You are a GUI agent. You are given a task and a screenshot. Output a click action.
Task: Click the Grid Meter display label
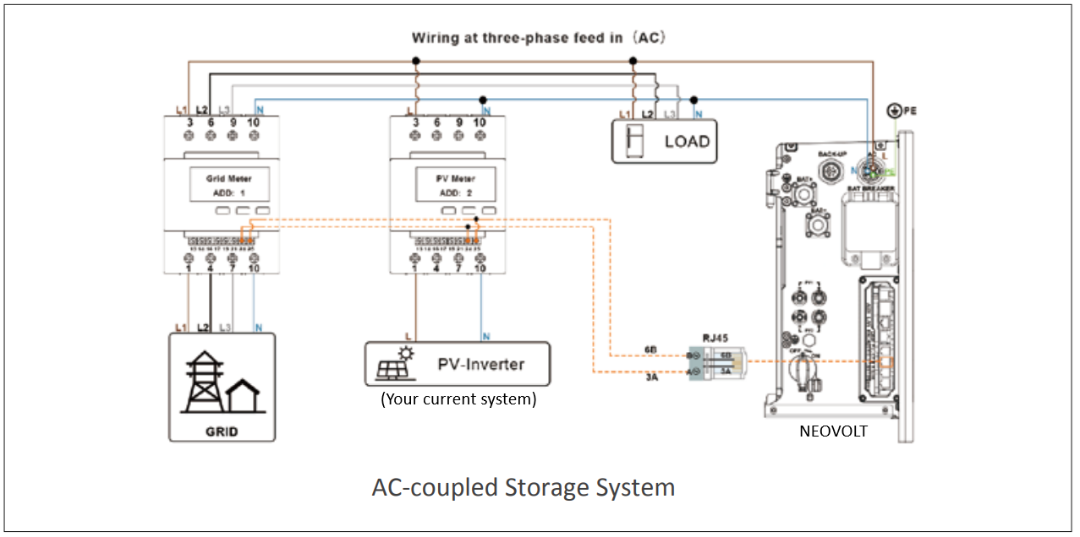point(229,179)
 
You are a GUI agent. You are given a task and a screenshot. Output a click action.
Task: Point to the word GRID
point(222,433)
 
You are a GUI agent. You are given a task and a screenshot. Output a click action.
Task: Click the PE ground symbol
point(895,110)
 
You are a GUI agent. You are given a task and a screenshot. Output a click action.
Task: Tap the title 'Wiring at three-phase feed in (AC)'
point(539,38)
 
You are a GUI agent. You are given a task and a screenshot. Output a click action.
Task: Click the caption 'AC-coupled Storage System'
point(523,488)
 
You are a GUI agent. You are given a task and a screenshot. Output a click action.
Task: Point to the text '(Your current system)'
point(458,400)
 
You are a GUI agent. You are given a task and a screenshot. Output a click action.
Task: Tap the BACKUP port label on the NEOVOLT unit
point(832,154)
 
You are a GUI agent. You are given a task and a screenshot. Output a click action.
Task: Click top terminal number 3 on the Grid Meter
point(189,122)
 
